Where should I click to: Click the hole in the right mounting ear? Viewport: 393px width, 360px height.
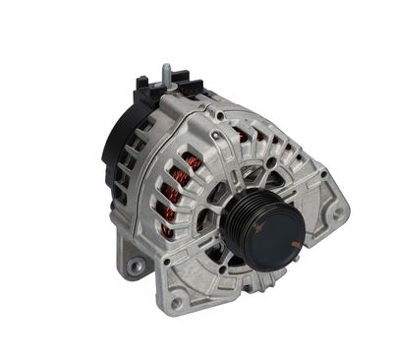[337, 212]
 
